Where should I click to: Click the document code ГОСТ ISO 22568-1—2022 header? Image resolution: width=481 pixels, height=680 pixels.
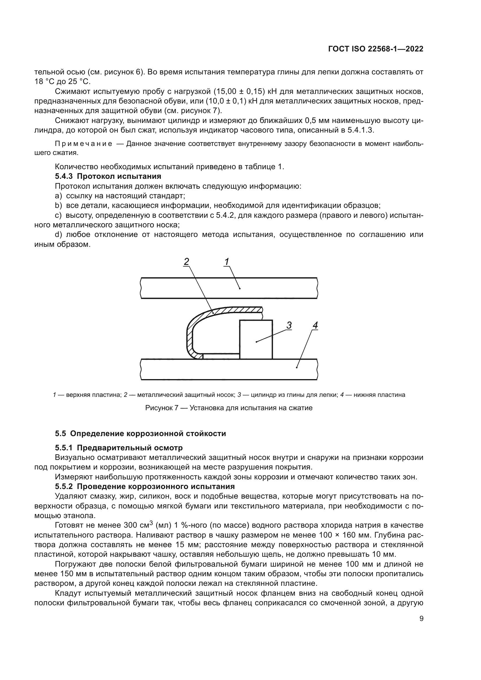pos(375,49)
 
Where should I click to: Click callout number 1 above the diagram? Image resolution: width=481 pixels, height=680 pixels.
pos(227,262)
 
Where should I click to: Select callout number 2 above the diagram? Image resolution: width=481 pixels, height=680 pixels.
pos(186,262)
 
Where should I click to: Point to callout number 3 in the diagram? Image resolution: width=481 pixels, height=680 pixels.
pos(289,326)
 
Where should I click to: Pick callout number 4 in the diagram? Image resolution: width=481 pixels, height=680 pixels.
pos(315,326)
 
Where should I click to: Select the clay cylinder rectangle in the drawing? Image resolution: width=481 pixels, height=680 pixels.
pos(256,340)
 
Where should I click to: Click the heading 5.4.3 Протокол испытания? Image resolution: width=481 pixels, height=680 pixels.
pos(108,176)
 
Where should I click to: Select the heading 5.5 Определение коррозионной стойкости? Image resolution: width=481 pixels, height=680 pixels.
pos(140,433)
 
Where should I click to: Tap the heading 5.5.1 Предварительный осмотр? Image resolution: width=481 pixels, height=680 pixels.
pos(119,448)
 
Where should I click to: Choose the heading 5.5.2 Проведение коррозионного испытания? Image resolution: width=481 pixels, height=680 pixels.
pos(145,487)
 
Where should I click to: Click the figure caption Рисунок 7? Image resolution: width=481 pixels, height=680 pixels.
pos(229,408)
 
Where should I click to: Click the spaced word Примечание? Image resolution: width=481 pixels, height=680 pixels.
pos(83,144)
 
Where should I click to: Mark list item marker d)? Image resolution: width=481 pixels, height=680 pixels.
pos(59,235)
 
